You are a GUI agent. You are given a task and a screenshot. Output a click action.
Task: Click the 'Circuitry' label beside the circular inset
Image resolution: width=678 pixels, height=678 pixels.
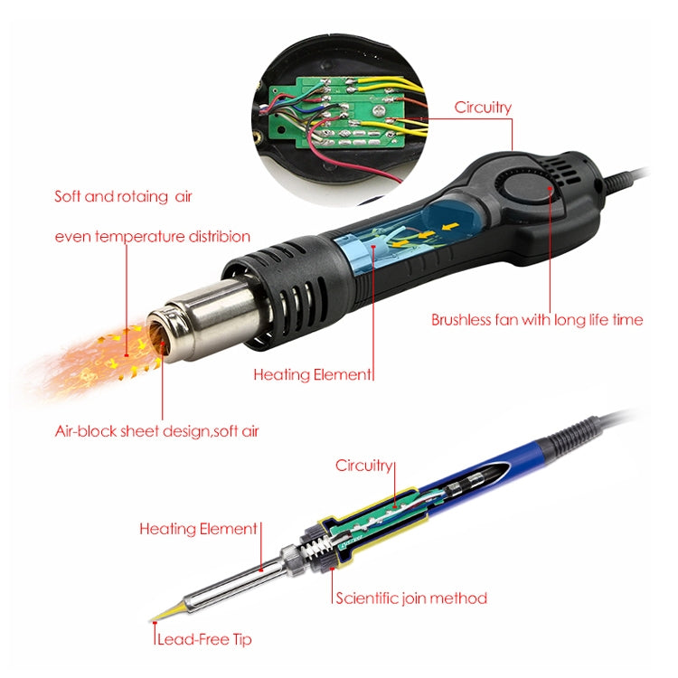(482, 108)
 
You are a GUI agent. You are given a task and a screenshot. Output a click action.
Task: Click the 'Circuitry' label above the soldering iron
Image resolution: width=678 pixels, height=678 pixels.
(364, 466)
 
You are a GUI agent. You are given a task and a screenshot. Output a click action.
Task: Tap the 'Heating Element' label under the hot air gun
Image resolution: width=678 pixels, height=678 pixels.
(312, 373)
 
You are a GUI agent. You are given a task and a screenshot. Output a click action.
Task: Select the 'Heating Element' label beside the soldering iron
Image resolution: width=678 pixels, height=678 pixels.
(198, 529)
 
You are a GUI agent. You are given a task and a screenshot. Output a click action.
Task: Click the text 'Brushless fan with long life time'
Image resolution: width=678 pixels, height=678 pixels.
(537, 319)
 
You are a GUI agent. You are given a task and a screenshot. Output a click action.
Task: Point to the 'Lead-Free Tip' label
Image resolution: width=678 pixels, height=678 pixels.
(204, 639)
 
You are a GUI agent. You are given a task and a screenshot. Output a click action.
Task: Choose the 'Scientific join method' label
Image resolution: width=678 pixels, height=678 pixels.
(411, 598)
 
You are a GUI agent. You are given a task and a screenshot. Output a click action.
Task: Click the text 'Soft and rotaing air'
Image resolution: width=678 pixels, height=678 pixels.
(123, 195)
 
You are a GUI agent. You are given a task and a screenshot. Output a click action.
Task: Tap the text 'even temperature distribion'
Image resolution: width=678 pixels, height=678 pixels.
(152, 237)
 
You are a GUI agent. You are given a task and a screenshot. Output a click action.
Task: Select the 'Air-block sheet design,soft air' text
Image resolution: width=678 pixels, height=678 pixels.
(156, 431)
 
